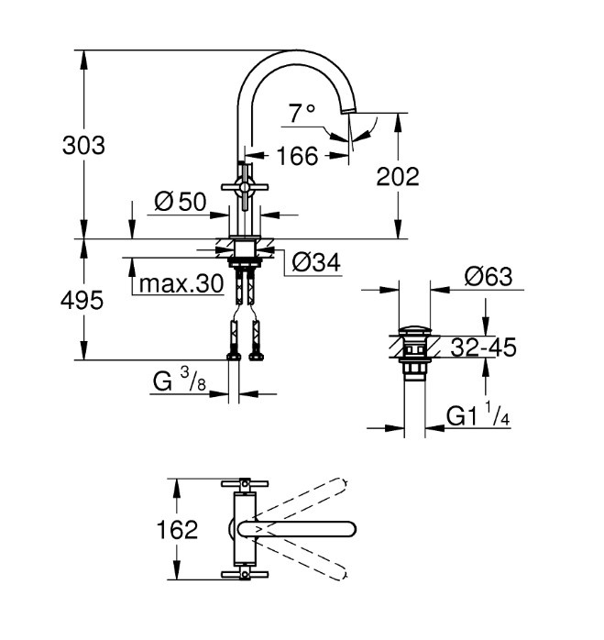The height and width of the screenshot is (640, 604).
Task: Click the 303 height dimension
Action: (83, 145)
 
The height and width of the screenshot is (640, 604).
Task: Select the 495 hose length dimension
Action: (82, 301)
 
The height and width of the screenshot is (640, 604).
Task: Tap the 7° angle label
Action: (302, 114)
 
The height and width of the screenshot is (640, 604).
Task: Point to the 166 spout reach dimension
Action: (297, 156)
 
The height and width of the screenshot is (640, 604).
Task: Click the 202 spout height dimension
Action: (398, 177)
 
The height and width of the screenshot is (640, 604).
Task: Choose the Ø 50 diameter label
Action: (181, 202)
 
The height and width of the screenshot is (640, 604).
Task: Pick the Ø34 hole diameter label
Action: (316, 262)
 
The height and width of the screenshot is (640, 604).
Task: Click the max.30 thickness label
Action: (181, 283)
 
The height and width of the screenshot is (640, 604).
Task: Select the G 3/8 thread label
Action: (180, 381)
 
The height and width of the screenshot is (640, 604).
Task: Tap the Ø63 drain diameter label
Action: (489, 277)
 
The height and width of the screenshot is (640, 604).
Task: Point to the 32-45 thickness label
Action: (484, 348)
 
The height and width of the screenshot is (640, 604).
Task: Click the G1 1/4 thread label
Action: (478, 414)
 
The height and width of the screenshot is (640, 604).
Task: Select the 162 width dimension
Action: (178, 529)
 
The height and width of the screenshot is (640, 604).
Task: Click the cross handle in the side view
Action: (245, 187)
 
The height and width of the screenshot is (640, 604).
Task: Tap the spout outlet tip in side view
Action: (348, 110)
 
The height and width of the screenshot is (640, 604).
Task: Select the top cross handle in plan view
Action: (245, 484)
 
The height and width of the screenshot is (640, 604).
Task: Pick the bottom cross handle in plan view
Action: (245, 574)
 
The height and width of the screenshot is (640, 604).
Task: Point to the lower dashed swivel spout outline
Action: (302, 560)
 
